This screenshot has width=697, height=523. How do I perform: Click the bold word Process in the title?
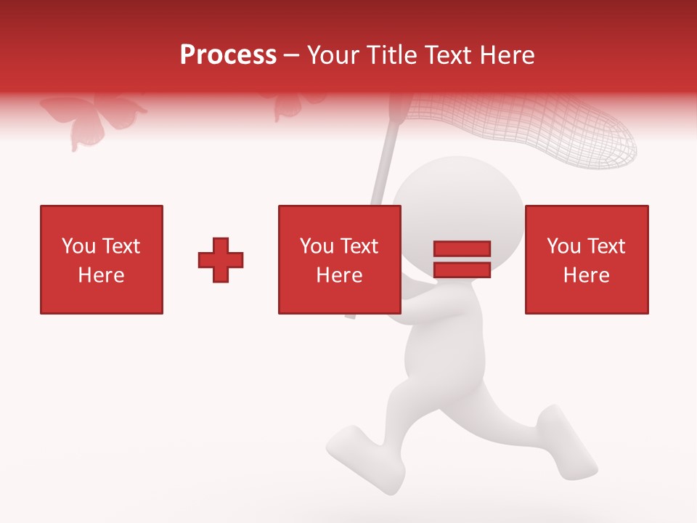pyautogui.click(x=228, y=55)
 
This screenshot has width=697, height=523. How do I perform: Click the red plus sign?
pyautogui.click(x=221, y=259)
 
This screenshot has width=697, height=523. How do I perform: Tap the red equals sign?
pyautogui.click(x=462, y=259)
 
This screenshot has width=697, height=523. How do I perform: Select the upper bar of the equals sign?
pyautogui.click(x=462, y=249)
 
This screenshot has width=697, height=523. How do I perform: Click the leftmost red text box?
pyautogui.click(x=102, y=259)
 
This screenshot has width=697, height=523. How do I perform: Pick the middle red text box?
pyautogui.click(x=339, y=259)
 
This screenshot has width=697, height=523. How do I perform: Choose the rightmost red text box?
pyautogui.click(x=586, y=259)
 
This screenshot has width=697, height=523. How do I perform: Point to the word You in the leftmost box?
pyautogui.click(x=78, y=246)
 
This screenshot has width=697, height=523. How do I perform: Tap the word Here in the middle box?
pyautogui.click(x=339, y=275)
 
